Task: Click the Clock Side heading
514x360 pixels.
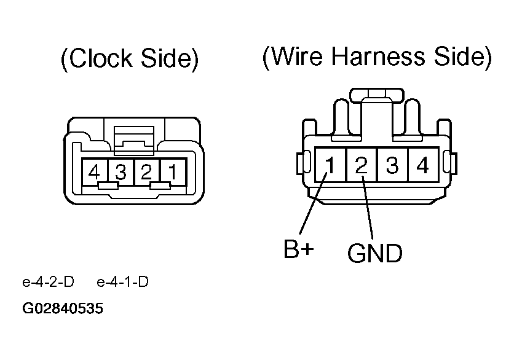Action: (129, 60)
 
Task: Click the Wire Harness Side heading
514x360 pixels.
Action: (377, 57)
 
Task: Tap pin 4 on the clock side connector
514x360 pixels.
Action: (94, 172)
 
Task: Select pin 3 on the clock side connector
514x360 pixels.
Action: (121, 172)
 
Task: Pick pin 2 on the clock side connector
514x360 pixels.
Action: (146, 172)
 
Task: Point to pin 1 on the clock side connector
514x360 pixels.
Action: (172, 172)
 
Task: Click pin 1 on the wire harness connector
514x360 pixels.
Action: (330, 165)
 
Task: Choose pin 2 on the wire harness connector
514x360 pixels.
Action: (362, 165)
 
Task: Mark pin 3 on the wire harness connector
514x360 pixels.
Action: (392, 165)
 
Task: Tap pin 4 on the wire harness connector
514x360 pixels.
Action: (422, 165)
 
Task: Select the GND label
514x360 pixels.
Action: (374, 252)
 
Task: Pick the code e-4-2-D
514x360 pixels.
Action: (48, 283)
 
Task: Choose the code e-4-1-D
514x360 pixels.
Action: (123, 283)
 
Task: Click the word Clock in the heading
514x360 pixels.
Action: (97, 60)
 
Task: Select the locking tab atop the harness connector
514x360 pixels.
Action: (376, 96)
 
